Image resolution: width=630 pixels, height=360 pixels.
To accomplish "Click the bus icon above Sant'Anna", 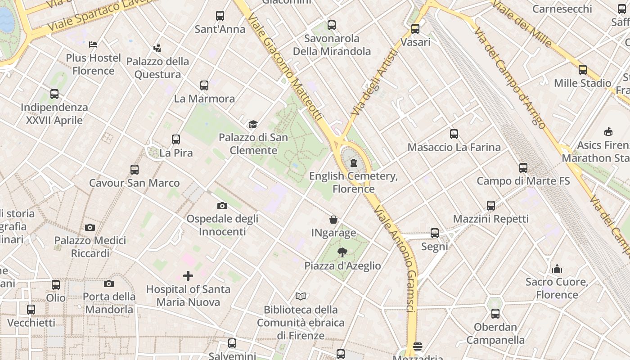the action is tap(220, 16).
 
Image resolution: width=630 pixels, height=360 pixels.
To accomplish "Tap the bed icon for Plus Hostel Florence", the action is tap(93, 44).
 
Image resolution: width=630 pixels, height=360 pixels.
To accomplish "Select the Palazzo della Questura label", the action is tap(157, 68).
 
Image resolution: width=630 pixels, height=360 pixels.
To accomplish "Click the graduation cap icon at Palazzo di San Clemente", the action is tap(253, 124).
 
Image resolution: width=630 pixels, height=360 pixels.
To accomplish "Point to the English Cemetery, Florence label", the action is tap(353, 182).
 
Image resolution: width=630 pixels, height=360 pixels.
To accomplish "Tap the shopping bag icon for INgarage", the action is tap(333, 220).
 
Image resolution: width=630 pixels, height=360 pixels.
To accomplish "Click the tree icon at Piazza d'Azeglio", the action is tap(342, 252).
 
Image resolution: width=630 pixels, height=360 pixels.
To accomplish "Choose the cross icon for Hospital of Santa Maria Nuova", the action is tap(188, 275).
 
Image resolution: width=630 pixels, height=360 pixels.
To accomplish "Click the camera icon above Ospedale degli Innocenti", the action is tap(222, 206).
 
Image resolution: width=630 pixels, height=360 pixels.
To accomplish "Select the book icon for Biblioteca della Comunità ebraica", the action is tap(301, 296).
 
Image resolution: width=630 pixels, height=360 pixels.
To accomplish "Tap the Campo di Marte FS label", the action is tap(523, 181).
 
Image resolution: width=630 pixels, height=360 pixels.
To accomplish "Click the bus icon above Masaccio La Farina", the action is tap(454, 134).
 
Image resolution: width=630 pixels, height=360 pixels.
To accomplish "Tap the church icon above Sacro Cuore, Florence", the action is tap(557, 269).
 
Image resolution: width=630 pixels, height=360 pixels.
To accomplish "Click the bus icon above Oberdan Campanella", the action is tap(495, 314).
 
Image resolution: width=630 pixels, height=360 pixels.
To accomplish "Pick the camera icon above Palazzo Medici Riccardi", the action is tap(90, 227).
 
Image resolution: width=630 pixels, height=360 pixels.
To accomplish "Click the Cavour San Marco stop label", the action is tap(134, 183).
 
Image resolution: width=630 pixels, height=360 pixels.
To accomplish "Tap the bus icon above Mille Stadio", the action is tap(582, 70).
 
